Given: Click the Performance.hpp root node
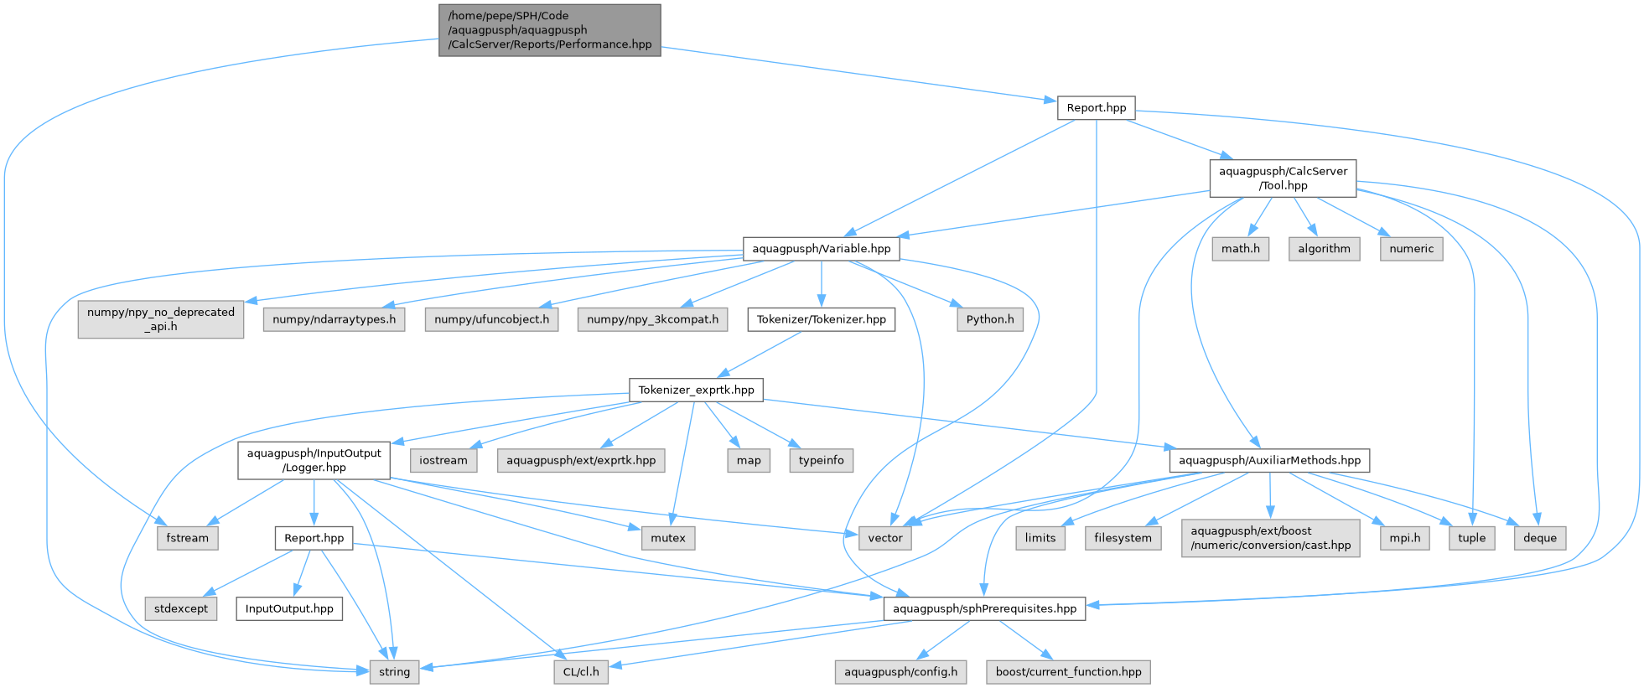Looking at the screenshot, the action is pos(550,30).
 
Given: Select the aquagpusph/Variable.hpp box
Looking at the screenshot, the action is pos(822,249).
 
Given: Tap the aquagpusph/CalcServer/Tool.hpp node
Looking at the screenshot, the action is pos(1283,178).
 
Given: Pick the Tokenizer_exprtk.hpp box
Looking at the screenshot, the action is pos(696,390).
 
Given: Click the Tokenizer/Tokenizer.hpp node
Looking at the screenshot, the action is pos(822,319).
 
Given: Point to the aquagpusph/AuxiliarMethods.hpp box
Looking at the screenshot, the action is pos(1269,460).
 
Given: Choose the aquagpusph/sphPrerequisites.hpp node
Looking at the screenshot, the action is pos(984,608).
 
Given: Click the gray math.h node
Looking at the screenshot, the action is pos(1241,249).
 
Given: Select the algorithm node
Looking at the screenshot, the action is pos(1325,249).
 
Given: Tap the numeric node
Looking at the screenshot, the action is pos(1412,249).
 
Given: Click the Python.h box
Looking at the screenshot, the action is pos(990,319).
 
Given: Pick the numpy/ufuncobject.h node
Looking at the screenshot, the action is pos(492,319).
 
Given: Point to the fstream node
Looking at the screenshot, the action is pos(188,538).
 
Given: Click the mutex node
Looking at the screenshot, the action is pos(668,538).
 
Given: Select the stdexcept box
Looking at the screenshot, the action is pos(181,608).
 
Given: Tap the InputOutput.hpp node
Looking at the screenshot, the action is pos(289,608).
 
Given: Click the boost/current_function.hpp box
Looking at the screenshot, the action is pos(1068,672).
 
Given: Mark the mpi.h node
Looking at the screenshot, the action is pos(1405,538).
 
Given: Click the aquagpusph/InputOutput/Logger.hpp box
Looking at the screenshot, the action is pos(314,460).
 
